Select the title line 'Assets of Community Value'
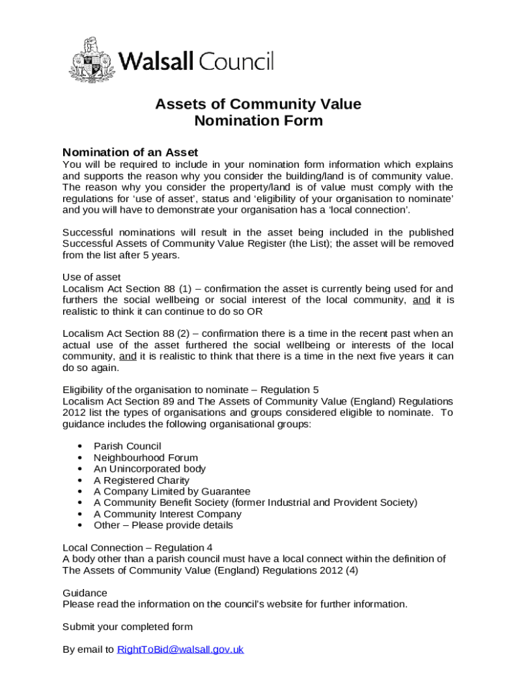(x=258, y=104)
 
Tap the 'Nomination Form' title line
(x=258, y=121)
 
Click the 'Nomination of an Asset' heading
(x=130, y=152)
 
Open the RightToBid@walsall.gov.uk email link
(x=180, y=649)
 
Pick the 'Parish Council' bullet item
(x=127, y=446)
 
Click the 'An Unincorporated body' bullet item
(x=150, y=469)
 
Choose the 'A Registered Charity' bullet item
(x=142, y=480)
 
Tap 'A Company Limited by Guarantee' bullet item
(x=172, y=492)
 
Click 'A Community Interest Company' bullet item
(x=167, y=514)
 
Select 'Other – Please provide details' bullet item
(x=163, y=525)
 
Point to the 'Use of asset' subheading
(x=91, y=277)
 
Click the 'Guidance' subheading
(x=85, y=593)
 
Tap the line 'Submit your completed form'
(x=128, y=627)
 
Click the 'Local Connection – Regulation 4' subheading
(x=138, y=548)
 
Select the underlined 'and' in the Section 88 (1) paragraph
(x=421, y=300)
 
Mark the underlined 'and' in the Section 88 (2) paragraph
(x=128, y=357)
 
